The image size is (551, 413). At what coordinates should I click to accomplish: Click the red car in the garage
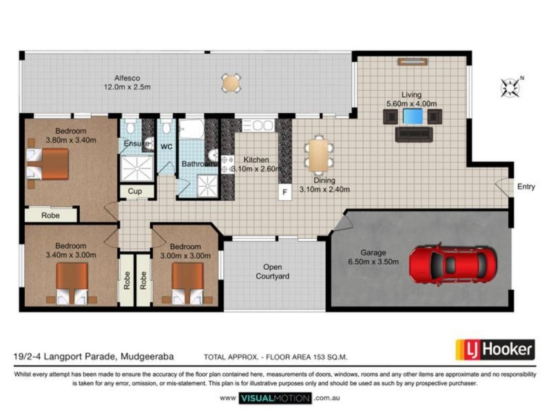coord(453,264)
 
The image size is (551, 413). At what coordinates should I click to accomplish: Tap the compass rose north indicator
coord(511,87)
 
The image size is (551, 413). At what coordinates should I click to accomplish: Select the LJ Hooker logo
coord(495,350)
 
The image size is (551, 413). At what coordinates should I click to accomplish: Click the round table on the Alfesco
coord(231,83)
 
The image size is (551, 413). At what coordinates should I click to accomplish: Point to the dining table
coord(318,156)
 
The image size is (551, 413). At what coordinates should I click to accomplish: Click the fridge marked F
coord(285,192)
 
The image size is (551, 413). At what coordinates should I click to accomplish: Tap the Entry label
coord(526,187)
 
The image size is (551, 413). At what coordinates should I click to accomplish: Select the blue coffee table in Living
coord(413,116)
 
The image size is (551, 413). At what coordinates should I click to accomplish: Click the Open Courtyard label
coord(273,271)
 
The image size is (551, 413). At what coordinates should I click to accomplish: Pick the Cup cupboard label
coord(134,191)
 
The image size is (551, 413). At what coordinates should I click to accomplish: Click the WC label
coord(166,147)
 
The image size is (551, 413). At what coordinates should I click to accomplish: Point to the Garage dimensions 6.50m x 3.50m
coord(373,262)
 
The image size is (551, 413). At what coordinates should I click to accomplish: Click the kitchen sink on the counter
coord(258,125)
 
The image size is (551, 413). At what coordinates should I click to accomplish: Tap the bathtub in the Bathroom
coord(191,129)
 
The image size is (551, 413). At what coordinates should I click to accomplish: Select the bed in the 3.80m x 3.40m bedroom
coord(48,164)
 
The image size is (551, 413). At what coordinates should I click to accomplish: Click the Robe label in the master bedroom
coord(50,215)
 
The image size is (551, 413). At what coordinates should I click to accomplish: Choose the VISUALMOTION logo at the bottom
coord(275,399)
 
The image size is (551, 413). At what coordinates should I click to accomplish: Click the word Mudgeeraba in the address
coord(147,357)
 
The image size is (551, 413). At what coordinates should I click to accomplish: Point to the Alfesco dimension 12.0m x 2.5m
coord(127,87)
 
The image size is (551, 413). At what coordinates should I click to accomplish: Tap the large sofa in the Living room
coord(414,134)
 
